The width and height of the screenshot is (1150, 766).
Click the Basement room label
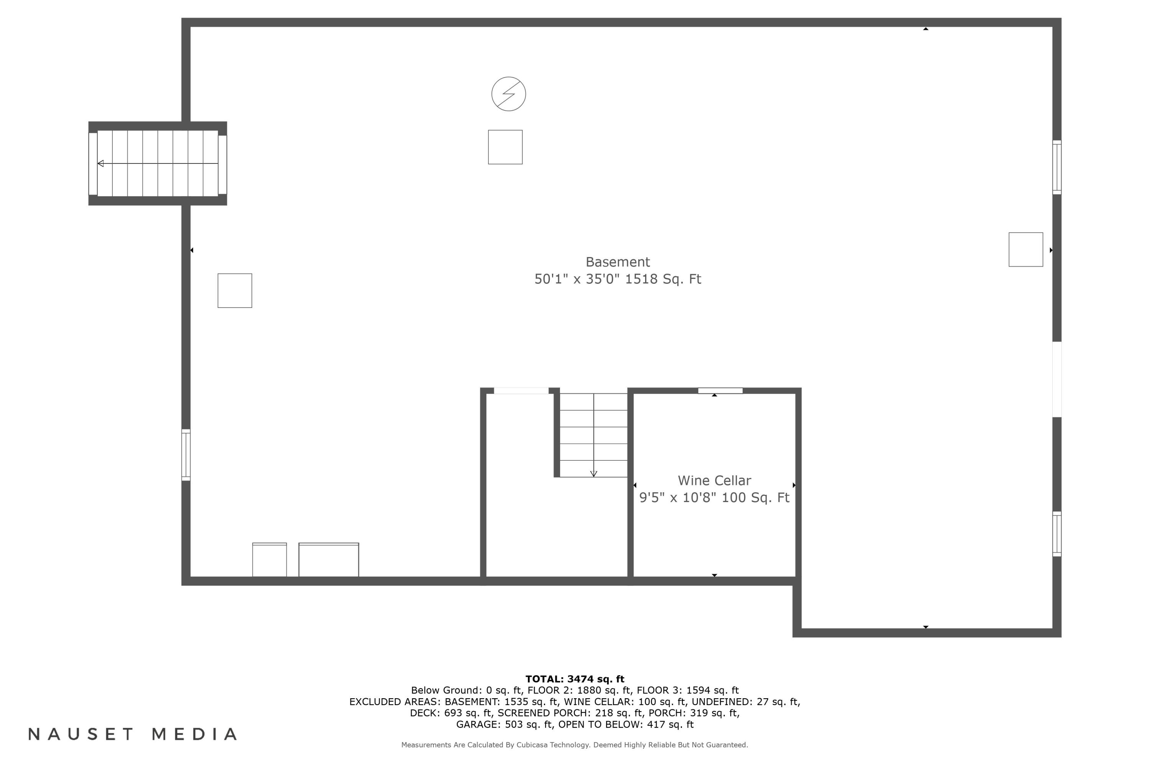(x=618, y=262)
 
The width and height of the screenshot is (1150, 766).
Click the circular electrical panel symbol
(x=509, y=94)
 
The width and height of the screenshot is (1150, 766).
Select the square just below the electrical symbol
(x=505, y=147)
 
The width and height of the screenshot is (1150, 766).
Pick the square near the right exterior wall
(x=1026, y=250)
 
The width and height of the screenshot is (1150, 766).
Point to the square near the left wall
(x=235, y=291)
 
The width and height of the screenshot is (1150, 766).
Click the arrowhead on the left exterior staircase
(x=101, y=163)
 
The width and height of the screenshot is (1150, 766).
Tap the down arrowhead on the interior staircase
(x=593, y=473)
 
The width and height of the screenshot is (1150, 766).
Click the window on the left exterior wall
(x=186, y=455)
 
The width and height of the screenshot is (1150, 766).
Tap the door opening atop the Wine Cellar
(x=720, y=390)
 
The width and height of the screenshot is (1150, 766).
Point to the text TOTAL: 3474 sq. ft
(x=575, y=679)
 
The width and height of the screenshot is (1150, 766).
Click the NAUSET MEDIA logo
(x=133, y=734)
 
